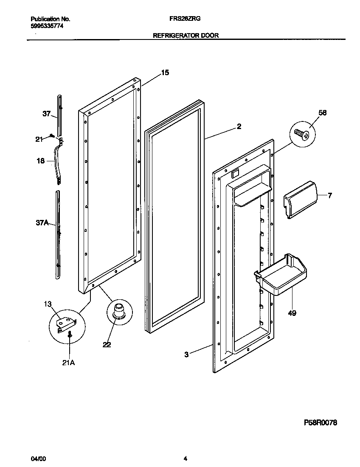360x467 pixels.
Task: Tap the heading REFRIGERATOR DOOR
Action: (186, 36)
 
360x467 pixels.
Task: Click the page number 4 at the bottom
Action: (185, 459)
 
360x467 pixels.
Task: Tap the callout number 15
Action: (165, 73)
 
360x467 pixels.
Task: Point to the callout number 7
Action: (330, 195)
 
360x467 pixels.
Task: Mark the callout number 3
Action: (187, 354)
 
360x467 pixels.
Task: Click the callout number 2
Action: (239, 126)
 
